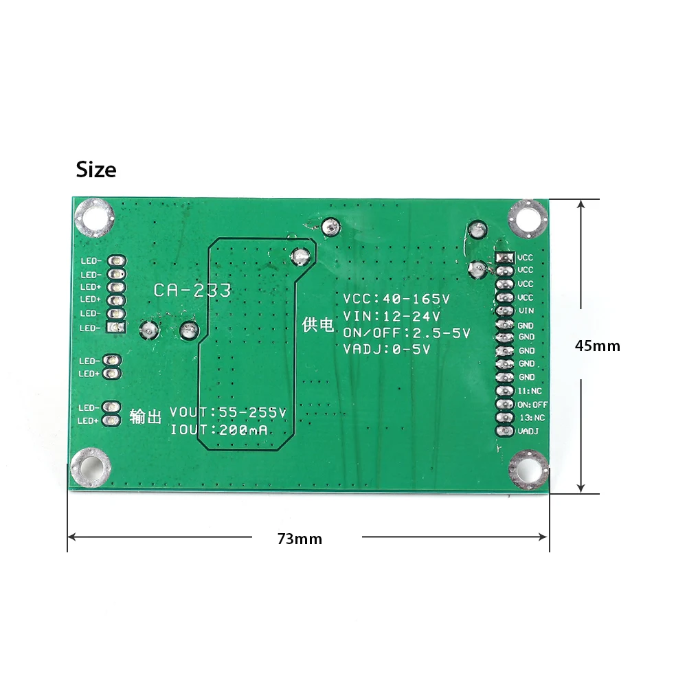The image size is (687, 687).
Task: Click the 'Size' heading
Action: (x=96, y=170)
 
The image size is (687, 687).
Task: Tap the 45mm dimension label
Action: (x=597, y=346)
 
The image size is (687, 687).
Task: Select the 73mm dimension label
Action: (x=300, y=539)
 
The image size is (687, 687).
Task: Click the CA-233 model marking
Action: (x=192, y=290)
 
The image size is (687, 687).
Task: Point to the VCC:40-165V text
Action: (x=396, y=299)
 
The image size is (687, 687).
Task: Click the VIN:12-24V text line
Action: (x=392, y=316)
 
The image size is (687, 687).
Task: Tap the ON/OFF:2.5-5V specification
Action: (x=407, y=333)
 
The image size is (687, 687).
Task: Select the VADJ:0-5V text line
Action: (x=386, y=349)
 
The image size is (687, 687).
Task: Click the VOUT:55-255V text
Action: (x=228, y=412)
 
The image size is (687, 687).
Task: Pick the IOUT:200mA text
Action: (x=218, y=430)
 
